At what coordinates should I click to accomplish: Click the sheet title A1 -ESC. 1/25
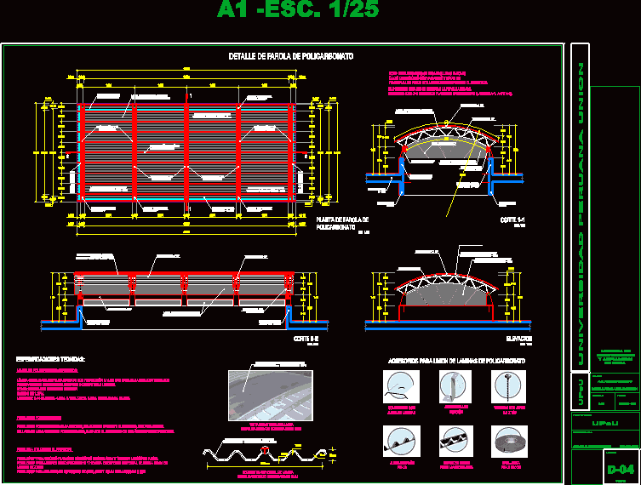(297, 11)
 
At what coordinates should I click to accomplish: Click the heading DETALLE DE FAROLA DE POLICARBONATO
(291, 56)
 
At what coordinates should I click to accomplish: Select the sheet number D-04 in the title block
(621, 469)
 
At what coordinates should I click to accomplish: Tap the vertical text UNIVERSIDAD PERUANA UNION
(579, 213)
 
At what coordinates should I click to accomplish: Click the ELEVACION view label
(507, 338)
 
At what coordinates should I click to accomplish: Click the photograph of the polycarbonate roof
(270, 394)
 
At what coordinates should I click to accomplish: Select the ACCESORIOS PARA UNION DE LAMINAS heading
(456, 361)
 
